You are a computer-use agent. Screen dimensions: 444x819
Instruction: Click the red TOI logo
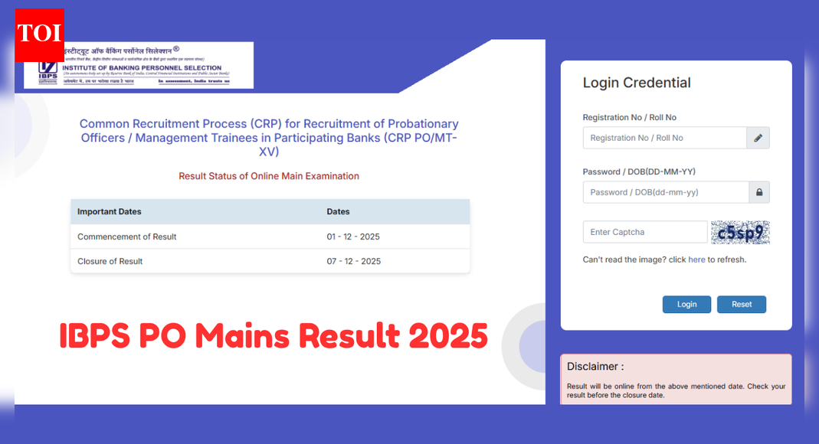(x=39, y=34)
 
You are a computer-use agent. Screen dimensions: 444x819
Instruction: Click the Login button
(x=686, y=304)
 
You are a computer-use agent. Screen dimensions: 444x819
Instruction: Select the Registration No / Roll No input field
(x=664, y=138)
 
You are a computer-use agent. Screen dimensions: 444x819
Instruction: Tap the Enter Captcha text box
(x=644, y=232)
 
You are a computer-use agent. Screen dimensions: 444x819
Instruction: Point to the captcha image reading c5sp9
(x=739, y=232)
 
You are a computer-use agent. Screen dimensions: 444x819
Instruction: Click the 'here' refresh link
(x=696, y=260)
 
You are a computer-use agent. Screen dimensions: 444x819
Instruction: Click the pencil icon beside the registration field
(x=758, y=138)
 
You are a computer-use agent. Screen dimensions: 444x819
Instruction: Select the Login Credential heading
(x=637, y=83)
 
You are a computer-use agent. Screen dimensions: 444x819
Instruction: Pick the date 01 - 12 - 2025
(x=353, y=237)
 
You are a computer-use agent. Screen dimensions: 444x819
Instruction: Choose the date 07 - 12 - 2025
(x=353, y=261)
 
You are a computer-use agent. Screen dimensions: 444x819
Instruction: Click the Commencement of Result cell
(x=127, y=237)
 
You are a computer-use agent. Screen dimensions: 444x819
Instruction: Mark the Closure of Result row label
(x=110, y=261)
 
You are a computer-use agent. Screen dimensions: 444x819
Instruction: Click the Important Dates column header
(x=110, y=211)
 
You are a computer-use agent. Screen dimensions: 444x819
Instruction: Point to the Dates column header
(x=338, y=211)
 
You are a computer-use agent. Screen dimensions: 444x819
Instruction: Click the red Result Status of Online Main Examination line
(x=269, y=176)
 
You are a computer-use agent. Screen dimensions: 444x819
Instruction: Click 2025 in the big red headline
(x=444, y=335)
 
